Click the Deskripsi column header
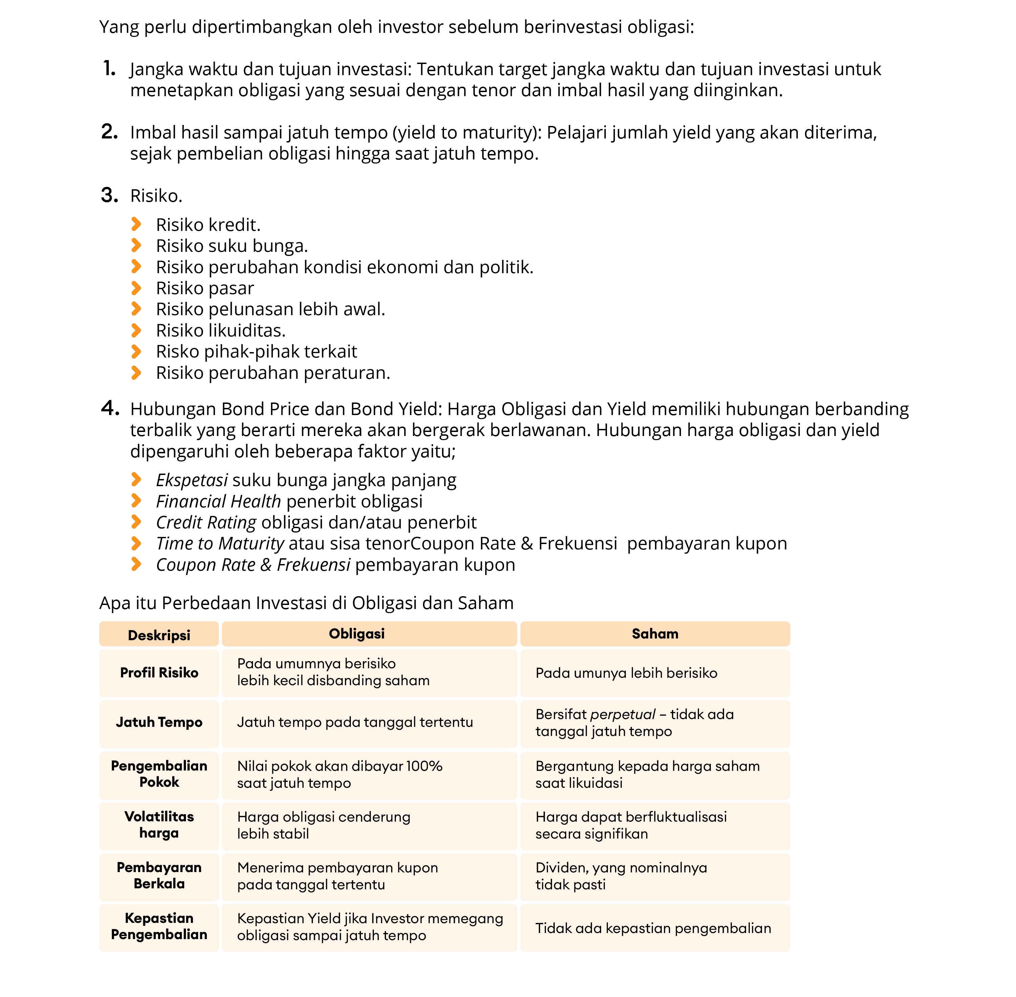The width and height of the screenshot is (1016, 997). pyautogui.click(x=159, y=635)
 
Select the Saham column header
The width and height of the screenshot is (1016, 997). pyautogui.click(x=655, y=634)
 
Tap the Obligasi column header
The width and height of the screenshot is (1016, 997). pyautogui.click(x=356, y=634)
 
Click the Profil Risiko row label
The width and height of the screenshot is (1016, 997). pyautogui.click(x=159, y=672)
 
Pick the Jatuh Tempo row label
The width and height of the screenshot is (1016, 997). pyautogui.click(x=159, y=722)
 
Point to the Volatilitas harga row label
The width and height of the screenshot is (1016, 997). pyautogui.click(x=159, y=824)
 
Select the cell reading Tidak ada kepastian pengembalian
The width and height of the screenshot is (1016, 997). pyautogui.click(x=653, y=928)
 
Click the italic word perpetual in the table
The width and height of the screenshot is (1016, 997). pyautogui.click(x=622, y=714)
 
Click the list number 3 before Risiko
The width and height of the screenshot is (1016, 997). pyautogui.click(x=109, y=195)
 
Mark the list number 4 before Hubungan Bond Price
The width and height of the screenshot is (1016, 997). pyautogui.click(x=109, y=408)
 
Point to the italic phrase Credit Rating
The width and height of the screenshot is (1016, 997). pyautogui.click(x=206, y=522)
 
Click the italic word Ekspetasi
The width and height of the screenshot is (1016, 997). pyautogui.click(x=192, y=480)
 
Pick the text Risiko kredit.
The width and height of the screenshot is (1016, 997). pyautogui.click(x=208, y=225)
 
